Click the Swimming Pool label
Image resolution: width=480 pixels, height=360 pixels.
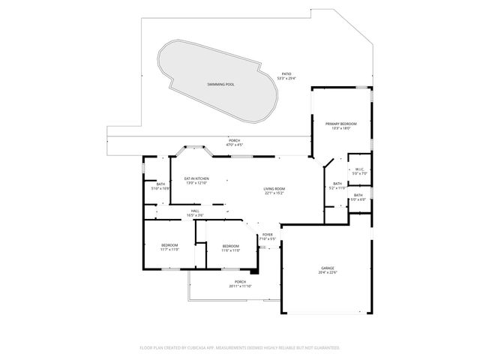(x=220, y=85)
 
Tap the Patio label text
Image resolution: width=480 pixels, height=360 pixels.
(x=286, y=73)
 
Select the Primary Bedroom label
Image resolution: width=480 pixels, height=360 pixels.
(x=341, y=124)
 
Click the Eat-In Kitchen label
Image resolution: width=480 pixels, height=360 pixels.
(x=196, y=178)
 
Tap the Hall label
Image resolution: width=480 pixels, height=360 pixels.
(x=195, y=211)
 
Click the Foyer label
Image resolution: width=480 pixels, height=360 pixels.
(x=268, y=235)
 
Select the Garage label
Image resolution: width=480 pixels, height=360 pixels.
(x=328, y=268)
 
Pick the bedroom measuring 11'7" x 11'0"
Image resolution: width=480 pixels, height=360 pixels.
(x=169, y=245)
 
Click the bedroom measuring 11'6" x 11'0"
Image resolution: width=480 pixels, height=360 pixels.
(x=230, y=246)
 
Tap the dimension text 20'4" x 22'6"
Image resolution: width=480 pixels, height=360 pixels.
(x=328, y=272)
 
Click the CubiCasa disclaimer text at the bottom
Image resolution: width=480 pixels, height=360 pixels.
(x=240, y=348)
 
